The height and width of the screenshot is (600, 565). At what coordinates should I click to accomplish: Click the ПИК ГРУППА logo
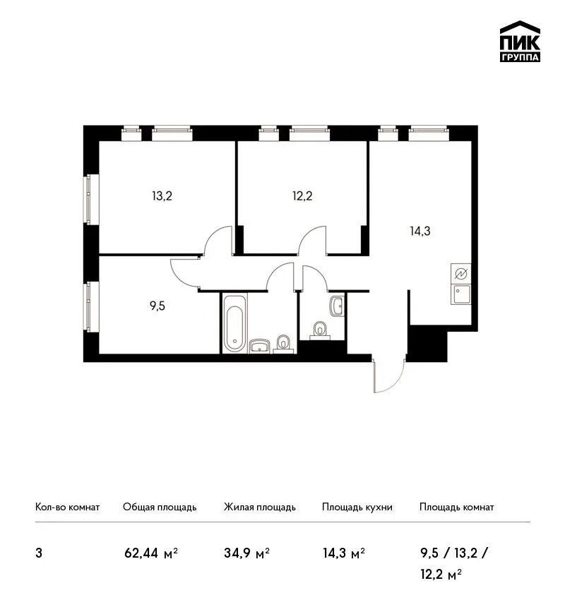point(520,42)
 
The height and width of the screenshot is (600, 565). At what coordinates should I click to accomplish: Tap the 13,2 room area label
point(162,196)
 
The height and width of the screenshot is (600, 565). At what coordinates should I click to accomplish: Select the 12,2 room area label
point(302,196)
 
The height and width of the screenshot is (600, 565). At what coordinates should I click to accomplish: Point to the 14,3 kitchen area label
point(420,231)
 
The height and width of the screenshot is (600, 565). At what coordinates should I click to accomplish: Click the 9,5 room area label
point(157,306)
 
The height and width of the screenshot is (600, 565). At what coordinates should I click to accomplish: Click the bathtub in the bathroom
point(234,323)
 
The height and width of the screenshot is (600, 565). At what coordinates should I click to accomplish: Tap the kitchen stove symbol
point(461,274)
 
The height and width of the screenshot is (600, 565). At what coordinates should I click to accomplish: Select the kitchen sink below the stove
point(461,294)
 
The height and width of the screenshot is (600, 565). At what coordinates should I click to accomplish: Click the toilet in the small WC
point(320,330)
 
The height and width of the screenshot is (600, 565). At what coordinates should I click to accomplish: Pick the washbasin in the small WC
point(337,306)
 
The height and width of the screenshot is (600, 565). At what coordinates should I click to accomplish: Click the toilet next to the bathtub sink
point(283,344)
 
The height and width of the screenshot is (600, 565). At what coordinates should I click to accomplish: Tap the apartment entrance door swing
point(389,376)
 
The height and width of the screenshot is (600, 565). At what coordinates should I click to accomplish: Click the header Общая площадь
point(160,508)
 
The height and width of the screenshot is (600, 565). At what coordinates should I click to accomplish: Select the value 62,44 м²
point(151,553)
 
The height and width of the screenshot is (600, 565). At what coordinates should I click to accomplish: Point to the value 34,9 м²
point(247,553)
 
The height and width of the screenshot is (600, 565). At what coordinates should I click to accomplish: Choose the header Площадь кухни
point(357,508)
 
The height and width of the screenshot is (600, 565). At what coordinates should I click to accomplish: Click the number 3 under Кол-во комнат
point(39,553)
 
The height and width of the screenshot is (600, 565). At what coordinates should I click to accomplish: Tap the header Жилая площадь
point(259,508)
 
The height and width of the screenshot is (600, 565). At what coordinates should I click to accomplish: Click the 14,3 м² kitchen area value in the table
point(344,553)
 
